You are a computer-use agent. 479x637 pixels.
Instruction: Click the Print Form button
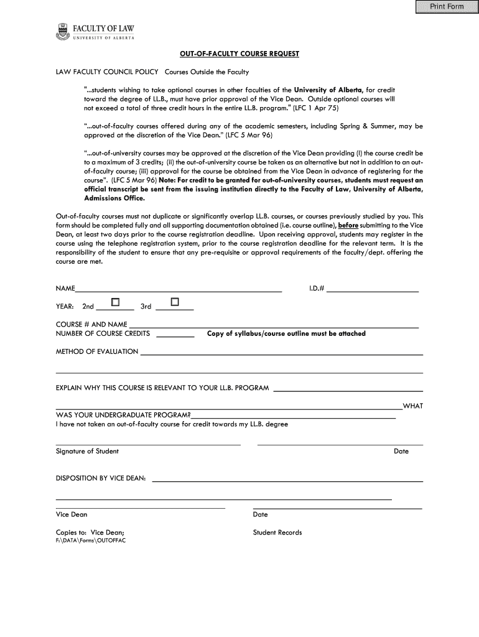tap(444, 7)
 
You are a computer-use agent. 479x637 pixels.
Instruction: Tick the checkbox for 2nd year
tap(115, 302)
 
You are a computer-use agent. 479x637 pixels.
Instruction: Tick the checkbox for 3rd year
tap(174, 302)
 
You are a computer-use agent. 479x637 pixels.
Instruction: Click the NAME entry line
tap(179, 290)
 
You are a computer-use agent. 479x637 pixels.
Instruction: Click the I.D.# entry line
tap(372, 290)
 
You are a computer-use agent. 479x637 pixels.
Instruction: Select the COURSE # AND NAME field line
tap(274, 325)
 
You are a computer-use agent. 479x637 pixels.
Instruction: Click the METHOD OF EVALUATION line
tap(282, 353)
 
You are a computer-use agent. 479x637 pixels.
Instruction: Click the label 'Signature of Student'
tap(87, 451)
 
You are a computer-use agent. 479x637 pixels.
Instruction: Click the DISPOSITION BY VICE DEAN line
tap(287, 480)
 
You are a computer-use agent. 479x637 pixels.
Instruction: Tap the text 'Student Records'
tap(277, 532)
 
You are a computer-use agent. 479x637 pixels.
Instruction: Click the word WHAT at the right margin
tap(413, 406)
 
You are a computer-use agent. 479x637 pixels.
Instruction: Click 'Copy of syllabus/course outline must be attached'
tap(286, 333)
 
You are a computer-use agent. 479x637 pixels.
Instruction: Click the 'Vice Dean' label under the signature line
tap(72, 514)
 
